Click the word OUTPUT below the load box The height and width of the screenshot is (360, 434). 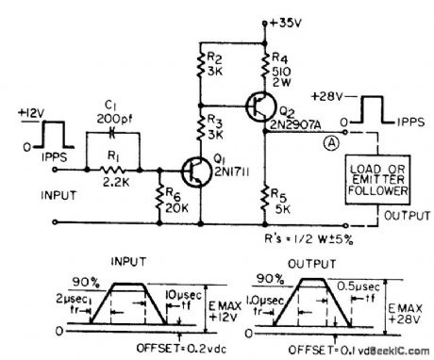coord(394,220)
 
